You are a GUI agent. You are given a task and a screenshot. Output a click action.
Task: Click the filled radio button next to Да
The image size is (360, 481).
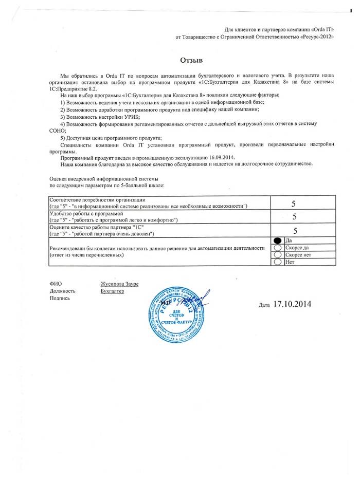(278, 240)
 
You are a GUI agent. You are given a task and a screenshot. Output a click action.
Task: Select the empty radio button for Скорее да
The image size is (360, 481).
(278, 248)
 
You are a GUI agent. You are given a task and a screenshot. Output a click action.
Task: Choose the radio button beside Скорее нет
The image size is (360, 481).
(278, 255)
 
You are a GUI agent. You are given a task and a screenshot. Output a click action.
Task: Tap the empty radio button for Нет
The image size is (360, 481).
(278, 262)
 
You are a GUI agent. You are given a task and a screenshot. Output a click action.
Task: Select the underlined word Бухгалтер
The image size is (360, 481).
(113, 291)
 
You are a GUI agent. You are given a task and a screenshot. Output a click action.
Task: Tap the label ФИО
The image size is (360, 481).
(55, 284)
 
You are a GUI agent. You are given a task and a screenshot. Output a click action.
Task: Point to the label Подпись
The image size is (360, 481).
(60, 298)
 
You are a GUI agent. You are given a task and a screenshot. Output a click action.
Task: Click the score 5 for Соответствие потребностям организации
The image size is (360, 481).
(293, 203)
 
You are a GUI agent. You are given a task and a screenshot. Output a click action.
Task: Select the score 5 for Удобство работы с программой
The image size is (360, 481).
(294, 217)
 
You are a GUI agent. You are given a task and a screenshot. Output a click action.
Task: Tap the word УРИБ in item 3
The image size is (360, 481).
(125, 117)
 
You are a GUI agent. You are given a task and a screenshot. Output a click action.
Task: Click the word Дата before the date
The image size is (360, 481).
(264, 305)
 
